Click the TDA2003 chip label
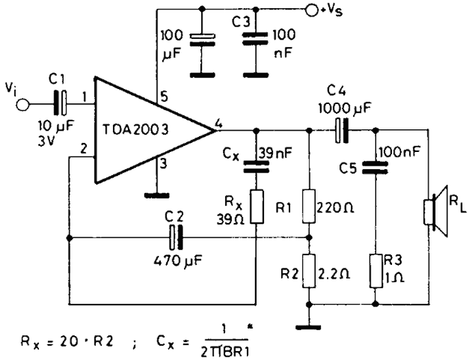(135, 129)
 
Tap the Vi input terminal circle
(23, 105)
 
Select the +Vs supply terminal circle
(311, 10)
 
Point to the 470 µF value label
(178, 260)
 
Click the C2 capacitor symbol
(176, 237)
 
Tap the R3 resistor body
(376, 271)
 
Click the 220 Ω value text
(335, 207)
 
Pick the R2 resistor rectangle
(309, 271)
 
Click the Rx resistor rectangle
(257, 207)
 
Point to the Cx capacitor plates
(256, 166)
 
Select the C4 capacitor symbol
(341, 131)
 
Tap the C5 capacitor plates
(375, 168)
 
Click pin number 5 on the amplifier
(164, 97)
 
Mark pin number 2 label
(84, 149)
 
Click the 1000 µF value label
(345, 108)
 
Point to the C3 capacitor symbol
(255, 39)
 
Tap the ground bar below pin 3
(157, 196)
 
